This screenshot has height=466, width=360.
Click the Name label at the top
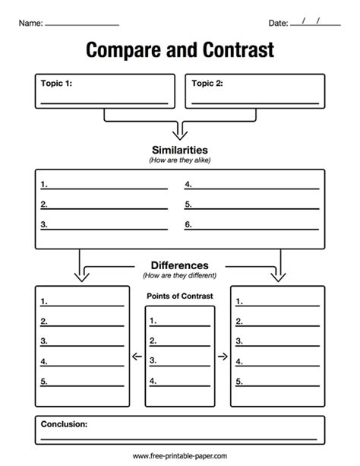31,23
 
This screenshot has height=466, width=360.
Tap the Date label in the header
278,23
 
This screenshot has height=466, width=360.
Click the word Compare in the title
124,50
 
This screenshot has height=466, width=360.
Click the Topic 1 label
56,83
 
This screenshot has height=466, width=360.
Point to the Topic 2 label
207,83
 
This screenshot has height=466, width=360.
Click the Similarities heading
180,150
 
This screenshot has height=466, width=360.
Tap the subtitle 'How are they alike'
180,160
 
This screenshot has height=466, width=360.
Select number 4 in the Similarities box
188,184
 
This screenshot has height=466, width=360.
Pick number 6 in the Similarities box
188,224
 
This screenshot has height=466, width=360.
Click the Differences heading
180,265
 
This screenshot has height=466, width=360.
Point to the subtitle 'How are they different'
180,275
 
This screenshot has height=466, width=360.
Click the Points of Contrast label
180,296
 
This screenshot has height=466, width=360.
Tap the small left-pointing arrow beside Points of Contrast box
137,356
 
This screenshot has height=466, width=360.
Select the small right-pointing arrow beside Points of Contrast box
223,356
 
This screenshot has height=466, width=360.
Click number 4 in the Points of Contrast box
153,381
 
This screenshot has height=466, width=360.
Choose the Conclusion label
64,424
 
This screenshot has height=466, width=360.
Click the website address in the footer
180,456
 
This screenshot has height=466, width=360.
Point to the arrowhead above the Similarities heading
180,135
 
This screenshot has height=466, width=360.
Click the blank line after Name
82,25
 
